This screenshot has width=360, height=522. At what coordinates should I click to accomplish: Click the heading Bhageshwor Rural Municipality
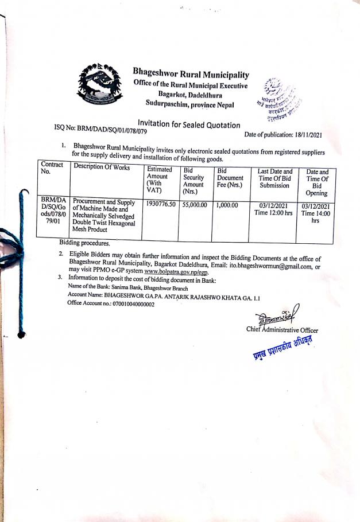(x=191, y=75)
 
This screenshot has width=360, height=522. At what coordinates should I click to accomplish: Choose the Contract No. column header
(x=53, y=167)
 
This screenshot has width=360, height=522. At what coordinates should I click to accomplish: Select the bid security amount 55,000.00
(x=195, y=204)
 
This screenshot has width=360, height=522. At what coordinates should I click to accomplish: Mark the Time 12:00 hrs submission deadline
(x=273, y=213)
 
